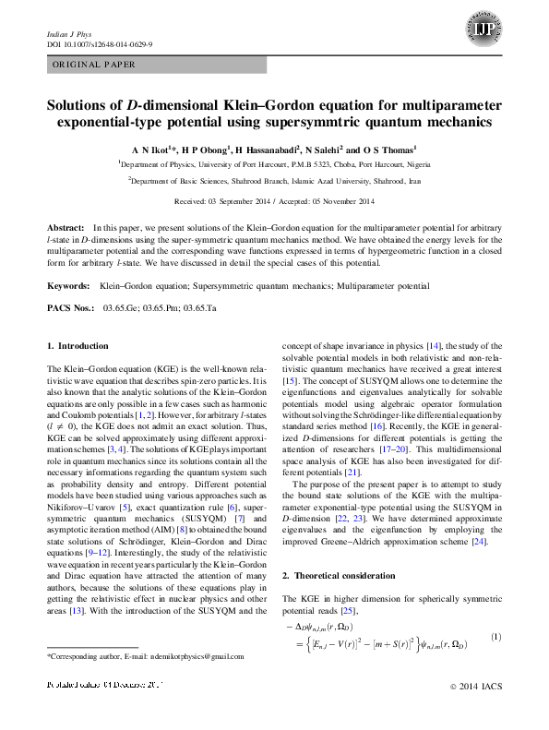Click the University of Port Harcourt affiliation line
tap(275, 162)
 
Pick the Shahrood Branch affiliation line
tap(275, 182)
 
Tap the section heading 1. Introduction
tap(78, 346)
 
